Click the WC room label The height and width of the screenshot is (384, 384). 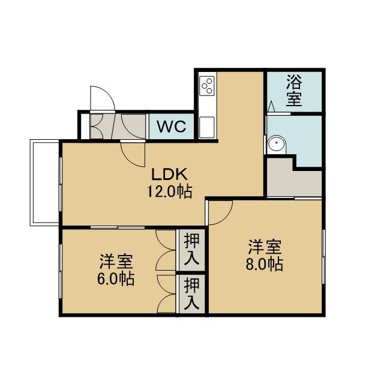[x=172, y=127]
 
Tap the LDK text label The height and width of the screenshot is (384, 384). [x=169, y=174]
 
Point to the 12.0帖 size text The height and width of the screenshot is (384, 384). [x=169, y=191]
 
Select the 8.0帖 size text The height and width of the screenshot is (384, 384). [x=264, y=264]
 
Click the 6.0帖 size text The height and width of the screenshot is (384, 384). [x=116, y=278]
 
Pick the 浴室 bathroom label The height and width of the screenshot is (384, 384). [x=294, y=91]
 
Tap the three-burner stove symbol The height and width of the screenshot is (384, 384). [x=207, y=86]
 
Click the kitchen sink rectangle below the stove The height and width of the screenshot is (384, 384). [x=206, y=127]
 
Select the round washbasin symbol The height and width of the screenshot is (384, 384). [x=277, y=143]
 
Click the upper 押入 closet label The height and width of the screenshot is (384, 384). [x=192, y=249]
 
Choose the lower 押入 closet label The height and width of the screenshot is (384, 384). [x=192, y=293]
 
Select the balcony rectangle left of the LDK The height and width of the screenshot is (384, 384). [x=44, y=182]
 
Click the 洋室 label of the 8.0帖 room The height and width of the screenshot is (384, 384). [x=265, y=247]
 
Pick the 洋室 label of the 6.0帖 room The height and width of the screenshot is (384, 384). [x=116, y=262]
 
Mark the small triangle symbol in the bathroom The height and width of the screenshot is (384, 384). [x=271, y=106]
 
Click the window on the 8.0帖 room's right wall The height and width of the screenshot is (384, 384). [x=323, y=256]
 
